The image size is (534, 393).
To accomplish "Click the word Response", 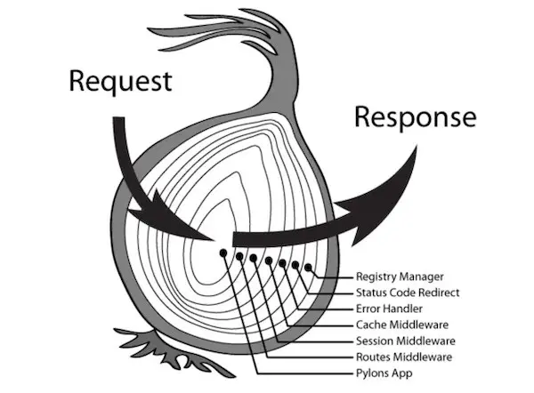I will click(415, 117).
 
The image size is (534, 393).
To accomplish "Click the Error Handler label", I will click(391, 308).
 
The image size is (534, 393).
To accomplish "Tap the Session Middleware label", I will click(406, 341).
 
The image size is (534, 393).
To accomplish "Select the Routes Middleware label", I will click(404, 357).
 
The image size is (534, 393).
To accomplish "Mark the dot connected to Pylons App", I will click(222, 252).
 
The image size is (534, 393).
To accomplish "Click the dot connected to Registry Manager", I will click(308, 267).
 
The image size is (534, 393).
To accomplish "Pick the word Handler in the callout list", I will click(406, 308).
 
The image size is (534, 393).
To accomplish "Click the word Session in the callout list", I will click(375, 341).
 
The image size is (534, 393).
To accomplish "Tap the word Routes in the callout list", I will click(373, 357).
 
